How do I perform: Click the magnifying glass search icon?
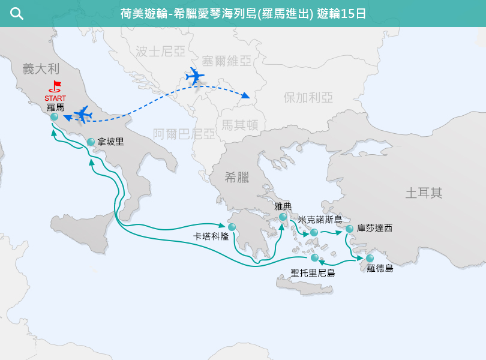pyautogui.click(x=17, y=14)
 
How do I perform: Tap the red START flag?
pyautogui.click(x=56, y=86)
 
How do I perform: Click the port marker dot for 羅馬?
pyautogui.click(x=55, y=117)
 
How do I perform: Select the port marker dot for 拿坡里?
pyautogui.click(x=91, y=142)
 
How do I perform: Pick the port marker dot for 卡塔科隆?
pyautogui.click(x=232, y=227)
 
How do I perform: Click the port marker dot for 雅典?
pyautogui.click(x=283, y=217)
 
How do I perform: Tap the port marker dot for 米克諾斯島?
pyautogui.click(x=314, y=232)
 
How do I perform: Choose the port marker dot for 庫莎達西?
pyautogui.click(x=349, y=229)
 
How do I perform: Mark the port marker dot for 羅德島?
pyautogui.click(x=370, y=258)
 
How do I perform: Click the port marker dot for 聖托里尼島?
pyautogui.click(x=314, y=258)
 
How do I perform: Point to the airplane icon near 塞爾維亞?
pyautogui.click(x=194, y=77)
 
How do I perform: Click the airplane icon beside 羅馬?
pyautogui.click(x=82, y=113)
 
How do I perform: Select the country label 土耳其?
pyautogui.click(x=424, y=193)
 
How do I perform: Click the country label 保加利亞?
pyautogui.click(x=308, y=98)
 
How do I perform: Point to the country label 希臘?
pyautogui.click(x=236, y=177)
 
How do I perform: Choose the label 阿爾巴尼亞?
pyautogui.click(x=184, y=134)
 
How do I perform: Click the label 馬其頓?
pyautogui.click(x=239, y=125)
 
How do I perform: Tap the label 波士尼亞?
pyautogui.click(x=160, y=52)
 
